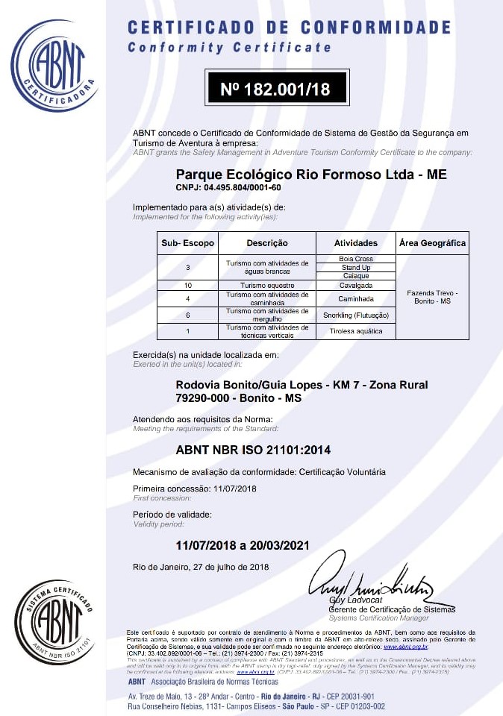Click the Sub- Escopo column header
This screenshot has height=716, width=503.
pyautogui.click(x=187, y=243)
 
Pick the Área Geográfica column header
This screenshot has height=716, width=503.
pyautogui.click(x=432, y=243)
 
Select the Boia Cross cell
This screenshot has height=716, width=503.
pyautogui.click(x=355, y=260)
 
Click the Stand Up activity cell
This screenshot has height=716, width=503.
pyautogui.click(x=355, y=268)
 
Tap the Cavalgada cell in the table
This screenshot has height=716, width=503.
pyautogui.click(x=355, y=286)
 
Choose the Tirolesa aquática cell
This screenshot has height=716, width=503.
pyautogui.click(x=355, y=331)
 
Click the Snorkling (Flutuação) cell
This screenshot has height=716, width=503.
pyautogui.click(x=355, y=315)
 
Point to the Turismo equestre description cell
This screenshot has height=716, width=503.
pyautogui.click(x=267, y=286)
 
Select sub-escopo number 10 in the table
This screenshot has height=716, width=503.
pyautogui.click(x=187, y=286)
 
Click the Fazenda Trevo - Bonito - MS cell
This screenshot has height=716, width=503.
pyautogui.click(x=432, y=298)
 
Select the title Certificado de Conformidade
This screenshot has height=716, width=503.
pyautogui.click(x=289, y=28)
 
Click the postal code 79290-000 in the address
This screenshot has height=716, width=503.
pyautogui.click(x=201, y=398)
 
